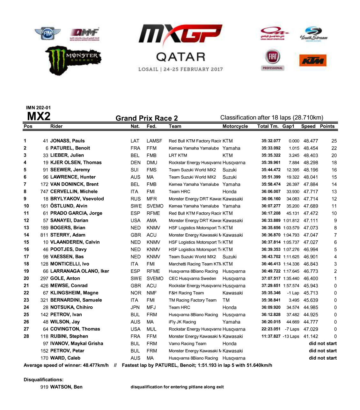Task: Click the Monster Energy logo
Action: click(x=73, y=60)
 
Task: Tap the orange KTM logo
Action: click(x=313, y=60)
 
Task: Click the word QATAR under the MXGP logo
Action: click(x=180, y=57)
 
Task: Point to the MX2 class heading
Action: click(x=39, y=116)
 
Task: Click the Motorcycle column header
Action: click(x=235, y=126)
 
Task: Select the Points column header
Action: click(x=327, y=126)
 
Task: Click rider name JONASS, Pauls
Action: click(x=67, y=141)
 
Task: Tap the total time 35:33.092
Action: click(x=271, y=148)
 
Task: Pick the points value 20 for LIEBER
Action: click(x=334, y=156)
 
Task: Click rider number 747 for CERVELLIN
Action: click(x=44, y=192)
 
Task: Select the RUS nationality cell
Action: click(x=136, y=199)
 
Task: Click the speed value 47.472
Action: click(x=311, y=213)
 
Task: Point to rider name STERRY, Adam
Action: click(x=68, y=235)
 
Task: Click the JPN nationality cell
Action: click(x=135, y=308)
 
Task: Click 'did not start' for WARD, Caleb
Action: click(x=323, y=358)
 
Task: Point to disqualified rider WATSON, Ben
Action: click(x=66, y=387)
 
